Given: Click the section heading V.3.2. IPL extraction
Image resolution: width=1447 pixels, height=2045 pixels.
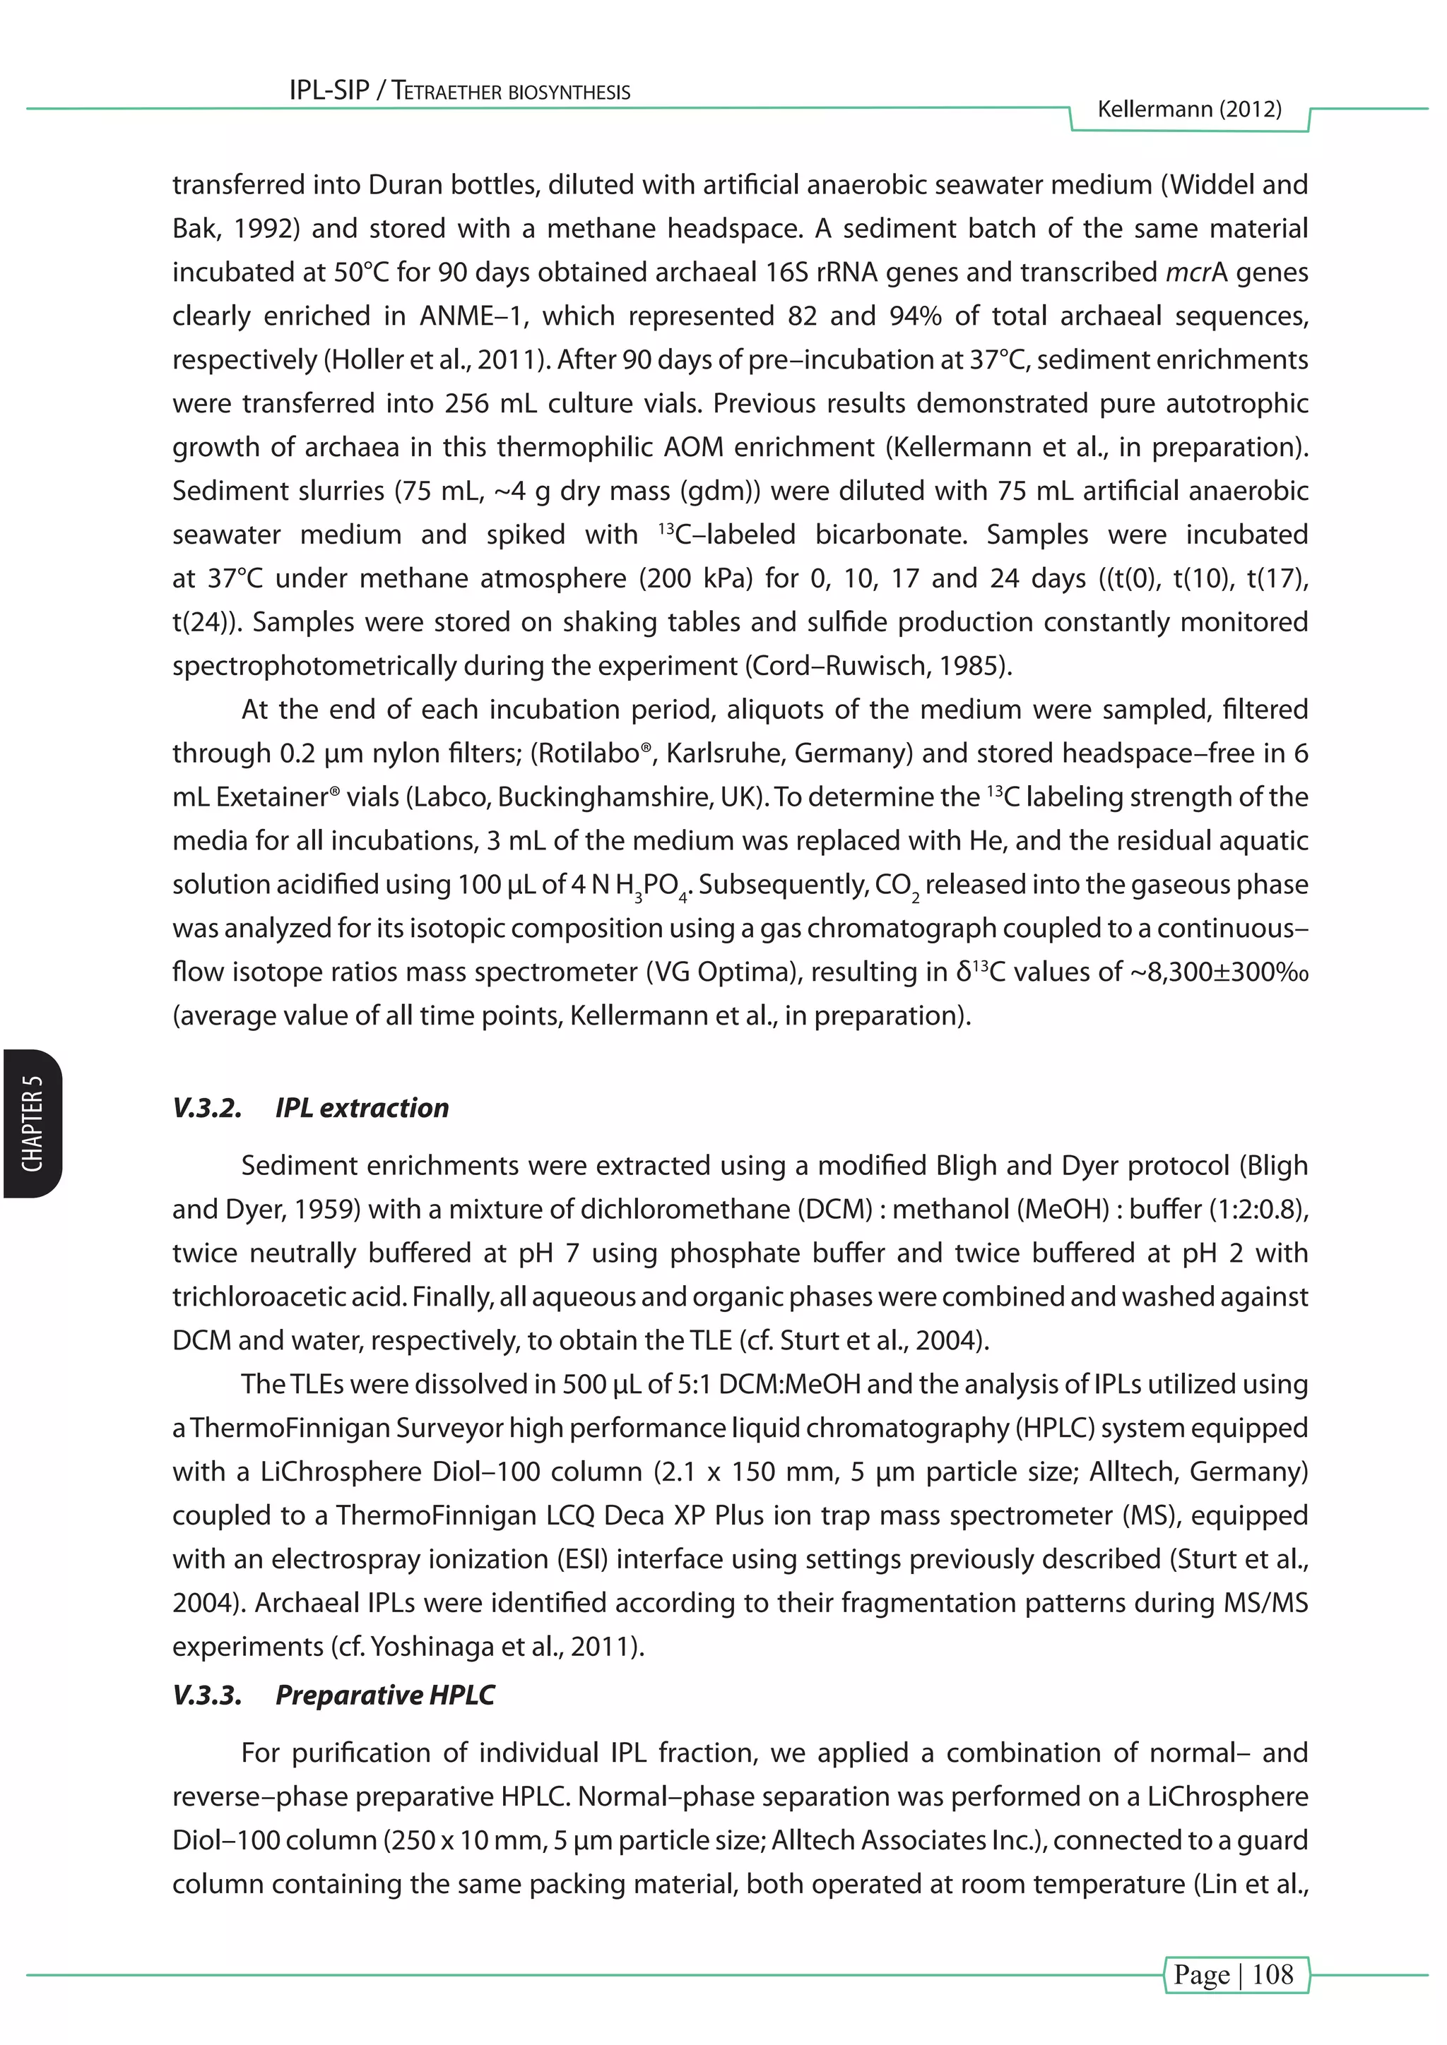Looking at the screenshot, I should click(x=311, y=1107).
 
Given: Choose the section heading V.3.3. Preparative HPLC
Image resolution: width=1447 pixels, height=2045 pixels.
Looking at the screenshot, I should click(x=333, y=1694).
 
